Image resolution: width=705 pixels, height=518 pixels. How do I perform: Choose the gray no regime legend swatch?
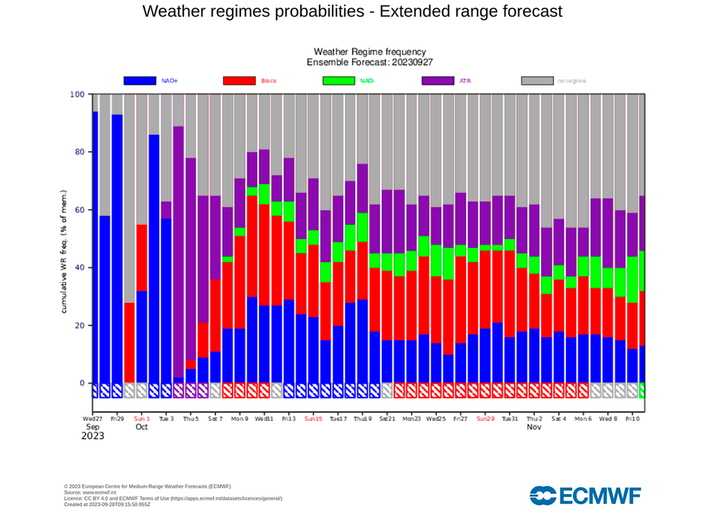(x=537, y=81)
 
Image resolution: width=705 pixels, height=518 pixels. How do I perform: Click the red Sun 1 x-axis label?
(x=141, y=418)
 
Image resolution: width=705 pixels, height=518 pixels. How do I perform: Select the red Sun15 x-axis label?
(x=313, y=418)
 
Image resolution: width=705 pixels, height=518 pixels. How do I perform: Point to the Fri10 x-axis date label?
(x=631, y=418)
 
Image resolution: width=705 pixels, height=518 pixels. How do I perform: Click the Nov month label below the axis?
(x=534, y=427)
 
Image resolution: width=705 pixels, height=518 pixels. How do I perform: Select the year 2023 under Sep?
(x=94, y=436)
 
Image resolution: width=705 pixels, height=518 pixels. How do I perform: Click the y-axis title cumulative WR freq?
(x=63, y=251)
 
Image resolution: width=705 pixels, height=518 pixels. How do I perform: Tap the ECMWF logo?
(x=585, y=495)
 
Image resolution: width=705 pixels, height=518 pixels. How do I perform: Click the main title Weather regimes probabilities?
(x=352, y=12)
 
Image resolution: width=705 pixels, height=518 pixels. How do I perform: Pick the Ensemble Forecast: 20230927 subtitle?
(x=369, y=62)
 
